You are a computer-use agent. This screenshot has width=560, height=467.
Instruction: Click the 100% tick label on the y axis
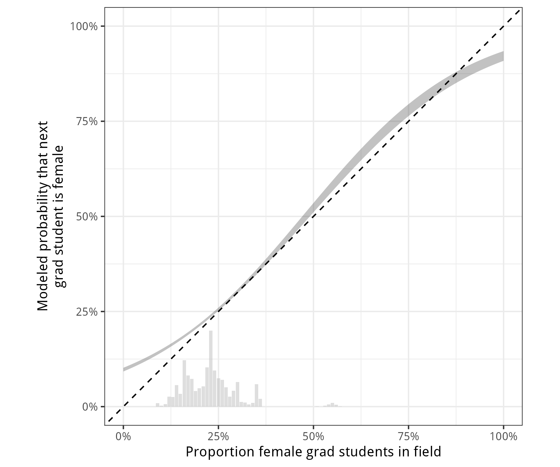[84, 26]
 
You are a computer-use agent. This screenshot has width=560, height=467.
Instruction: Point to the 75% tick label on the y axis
[87, 121]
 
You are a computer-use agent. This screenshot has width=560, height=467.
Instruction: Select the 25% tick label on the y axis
[87, 312]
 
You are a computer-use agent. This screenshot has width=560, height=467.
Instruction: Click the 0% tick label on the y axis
[90, 407]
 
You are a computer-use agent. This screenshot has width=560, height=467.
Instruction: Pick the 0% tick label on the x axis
[123, 436]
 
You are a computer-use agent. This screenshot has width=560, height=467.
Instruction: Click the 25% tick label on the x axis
[218, 436]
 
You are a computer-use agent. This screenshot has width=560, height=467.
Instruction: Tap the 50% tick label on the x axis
[313, 436]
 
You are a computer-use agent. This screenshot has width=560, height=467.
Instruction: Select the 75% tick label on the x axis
[408, 436]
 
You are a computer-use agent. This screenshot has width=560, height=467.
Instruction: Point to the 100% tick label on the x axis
[503, 436]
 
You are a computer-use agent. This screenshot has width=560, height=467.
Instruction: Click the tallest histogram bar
[211, 369]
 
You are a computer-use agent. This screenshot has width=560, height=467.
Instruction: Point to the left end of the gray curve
[124, 369]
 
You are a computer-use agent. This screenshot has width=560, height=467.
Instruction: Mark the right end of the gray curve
[503, 56]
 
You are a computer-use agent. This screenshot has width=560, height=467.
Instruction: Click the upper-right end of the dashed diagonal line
[520, 10]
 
